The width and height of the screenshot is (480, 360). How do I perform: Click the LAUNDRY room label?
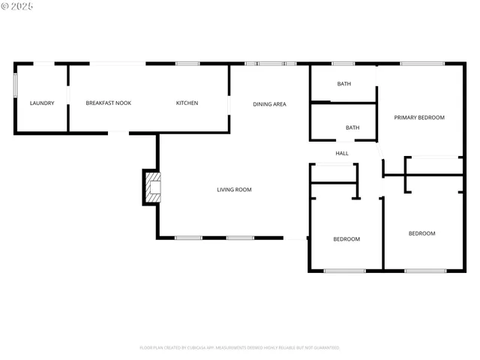[x=42, y=103]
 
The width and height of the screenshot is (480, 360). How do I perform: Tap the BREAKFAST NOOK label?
[x=109, y=103]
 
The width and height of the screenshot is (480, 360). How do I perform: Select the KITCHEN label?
[x=187, y=103]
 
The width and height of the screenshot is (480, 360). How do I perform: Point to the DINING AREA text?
[x=269, y=104]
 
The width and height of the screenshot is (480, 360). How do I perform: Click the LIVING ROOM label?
[x=234, y=190]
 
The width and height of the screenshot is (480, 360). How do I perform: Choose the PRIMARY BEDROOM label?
[x=419, y=118]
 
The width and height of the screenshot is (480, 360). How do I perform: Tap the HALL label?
[x=342, y=153]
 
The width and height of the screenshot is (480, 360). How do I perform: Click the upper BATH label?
[x=343, y=84]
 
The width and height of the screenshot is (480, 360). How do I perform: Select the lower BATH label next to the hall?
[x=352, y=127]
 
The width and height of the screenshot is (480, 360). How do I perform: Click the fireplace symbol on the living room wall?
[x=151, y=187]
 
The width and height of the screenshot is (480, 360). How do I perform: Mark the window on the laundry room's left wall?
[x=15, y=85]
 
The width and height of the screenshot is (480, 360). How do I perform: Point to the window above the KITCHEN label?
[x=187, y=64]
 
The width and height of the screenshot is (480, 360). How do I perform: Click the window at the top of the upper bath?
[x=343, y=64]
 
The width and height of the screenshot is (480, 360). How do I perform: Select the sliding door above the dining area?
[x=271, y=64]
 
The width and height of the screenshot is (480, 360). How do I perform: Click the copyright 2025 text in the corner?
[x=18, y=6]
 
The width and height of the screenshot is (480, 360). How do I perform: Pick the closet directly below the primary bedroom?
[x=433, y=166]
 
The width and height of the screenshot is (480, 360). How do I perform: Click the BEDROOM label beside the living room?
[x=346, y=239]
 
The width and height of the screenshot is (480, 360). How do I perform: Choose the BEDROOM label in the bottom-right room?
[x=421, y=233]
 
